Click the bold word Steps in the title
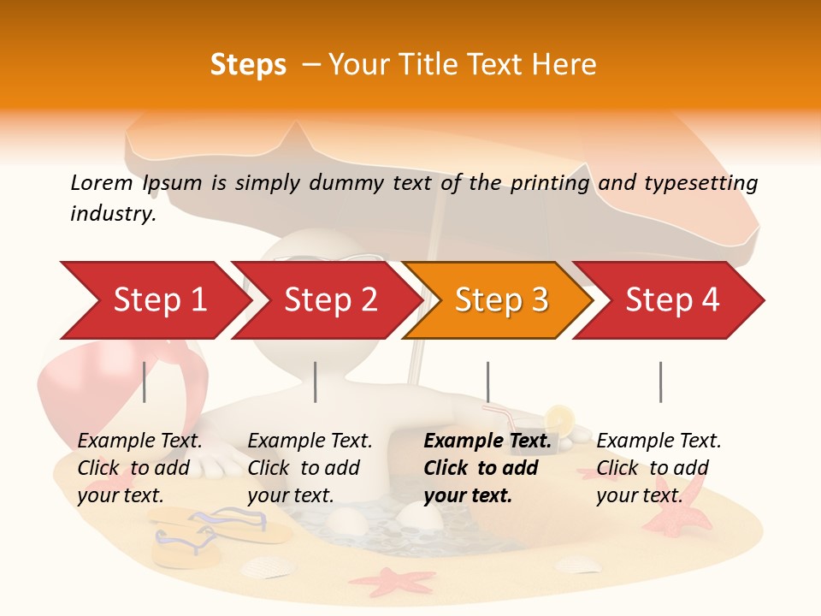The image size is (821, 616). coord(248,64)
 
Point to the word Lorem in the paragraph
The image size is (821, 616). coord(102,182)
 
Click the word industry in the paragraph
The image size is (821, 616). coord(113,214)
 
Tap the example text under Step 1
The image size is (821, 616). coord(139,468)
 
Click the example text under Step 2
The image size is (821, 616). coord(310,468)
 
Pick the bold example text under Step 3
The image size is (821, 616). coord(487,468)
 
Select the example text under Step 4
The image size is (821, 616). coord(659,468)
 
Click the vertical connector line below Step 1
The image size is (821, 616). coord(145,382)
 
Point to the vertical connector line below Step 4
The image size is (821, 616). coord(660,382)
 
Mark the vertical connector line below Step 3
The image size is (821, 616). coord(487,382)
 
